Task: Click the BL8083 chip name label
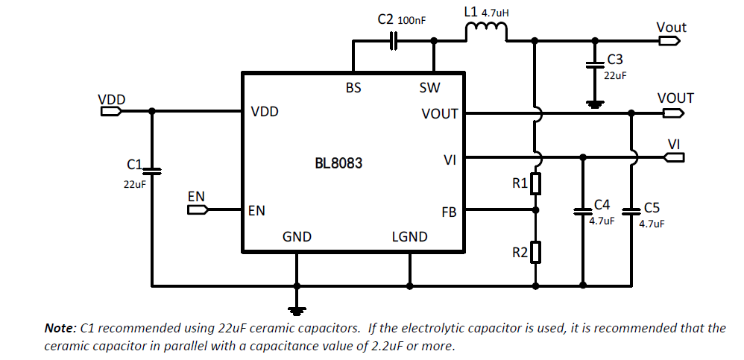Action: tap(338, 163)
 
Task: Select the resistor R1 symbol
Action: tap(536, 184)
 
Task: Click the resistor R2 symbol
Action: tap(536, 252)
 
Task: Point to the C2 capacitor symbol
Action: tap(394, 41)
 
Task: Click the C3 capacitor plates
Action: tap(596, 64)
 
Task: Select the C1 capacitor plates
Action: tap(152, 171)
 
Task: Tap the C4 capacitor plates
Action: tap(583, 211)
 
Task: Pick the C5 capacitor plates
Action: tap(631, 211)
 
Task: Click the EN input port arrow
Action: tap(198, 209)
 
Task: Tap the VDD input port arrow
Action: tap(111, 111)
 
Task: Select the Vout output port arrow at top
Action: tap(669, 41)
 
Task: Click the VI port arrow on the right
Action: tap(675, 157)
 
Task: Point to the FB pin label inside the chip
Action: tap(449, 212)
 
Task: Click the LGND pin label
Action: tap(409, 237)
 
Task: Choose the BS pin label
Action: tap(353, 88)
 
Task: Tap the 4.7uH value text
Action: tap(495, 13)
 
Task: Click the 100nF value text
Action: tap(412, 20)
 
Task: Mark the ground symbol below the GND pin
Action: tap(297, 311)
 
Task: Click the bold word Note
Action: tap(60, 328)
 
